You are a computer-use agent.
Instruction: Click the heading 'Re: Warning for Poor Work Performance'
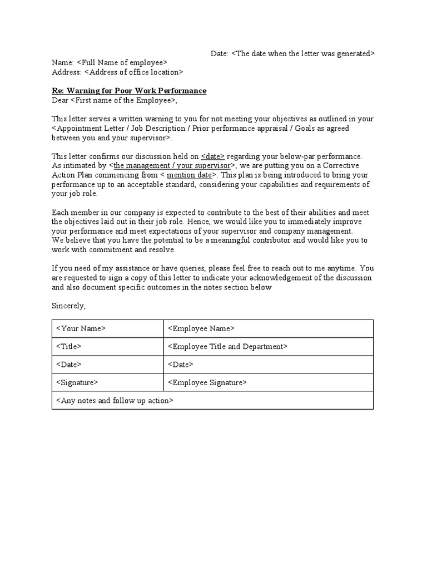point(129,91)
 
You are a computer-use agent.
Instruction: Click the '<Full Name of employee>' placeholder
point(122,63)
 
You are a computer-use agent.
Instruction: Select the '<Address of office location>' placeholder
point(133,72)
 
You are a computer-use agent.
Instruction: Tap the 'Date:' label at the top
point(219,53)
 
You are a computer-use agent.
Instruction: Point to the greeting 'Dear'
point(59,100)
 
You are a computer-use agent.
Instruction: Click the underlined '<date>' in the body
point(213,156)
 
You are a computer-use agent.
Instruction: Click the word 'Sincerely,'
point(69,306)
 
